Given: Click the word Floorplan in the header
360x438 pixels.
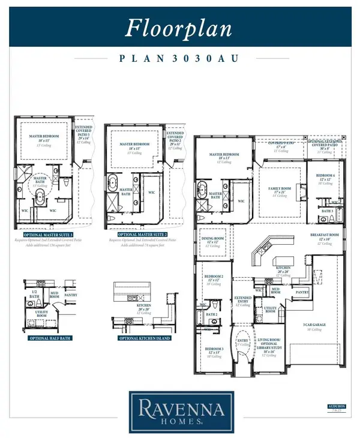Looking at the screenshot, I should click(x=179, y=26).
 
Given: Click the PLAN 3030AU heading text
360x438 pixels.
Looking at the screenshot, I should click(x=179, y=59).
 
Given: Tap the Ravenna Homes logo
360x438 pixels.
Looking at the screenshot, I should click(x=179, y=412).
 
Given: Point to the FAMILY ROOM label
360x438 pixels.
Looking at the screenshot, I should click(x=279, y=190).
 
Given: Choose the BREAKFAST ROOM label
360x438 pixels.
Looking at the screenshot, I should click(x=325, y=235).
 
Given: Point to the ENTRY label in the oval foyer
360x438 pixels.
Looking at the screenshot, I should click(x=242, y=340).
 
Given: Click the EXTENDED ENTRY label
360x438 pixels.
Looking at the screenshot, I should click(x=242, y=299).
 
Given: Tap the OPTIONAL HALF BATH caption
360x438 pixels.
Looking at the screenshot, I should click(x=47, y=338).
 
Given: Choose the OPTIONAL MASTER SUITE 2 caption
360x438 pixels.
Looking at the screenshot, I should click(x=137, y=234).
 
